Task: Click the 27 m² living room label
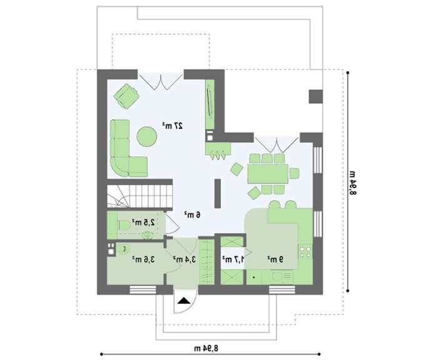[x=173, y=126]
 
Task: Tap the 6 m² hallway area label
[x=193, y=214]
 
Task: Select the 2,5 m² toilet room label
[x=143, y=222]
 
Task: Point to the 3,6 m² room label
[x=143, y=259]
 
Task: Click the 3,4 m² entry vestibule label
[x=184, y=259]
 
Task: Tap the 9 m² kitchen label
[x=275, y=259]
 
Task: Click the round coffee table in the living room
[x=146, y=136]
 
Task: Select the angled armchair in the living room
[x=126, y=96]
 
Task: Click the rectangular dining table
[x=268, y=174]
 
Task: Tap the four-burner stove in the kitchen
[x=305, y=251]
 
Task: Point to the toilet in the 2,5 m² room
[x=125, y=225]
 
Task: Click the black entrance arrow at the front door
[x=184, y=301]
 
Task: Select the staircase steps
[x=140, y=196]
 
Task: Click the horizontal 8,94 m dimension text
[x=206, y=348]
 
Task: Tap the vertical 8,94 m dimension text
[x=353, y=182]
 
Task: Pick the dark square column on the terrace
[x=315, y=96]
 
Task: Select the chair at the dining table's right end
[x=295, y=173]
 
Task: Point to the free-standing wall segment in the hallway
[x=218, y=193]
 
